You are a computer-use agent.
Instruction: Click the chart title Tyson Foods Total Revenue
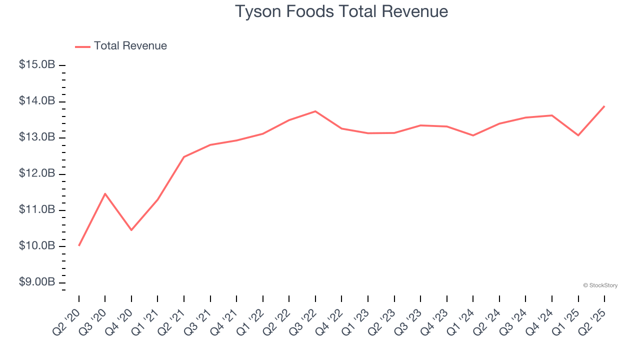tap(341, 11)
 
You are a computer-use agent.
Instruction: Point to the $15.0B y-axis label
tap(37, 65)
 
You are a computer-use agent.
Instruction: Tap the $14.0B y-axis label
tap(37, 101)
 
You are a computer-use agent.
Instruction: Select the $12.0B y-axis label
tap(37, 174)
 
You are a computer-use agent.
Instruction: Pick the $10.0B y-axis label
tap(37, 246)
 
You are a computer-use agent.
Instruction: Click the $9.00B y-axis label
tap(37, 282)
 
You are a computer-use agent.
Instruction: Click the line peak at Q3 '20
tap(105, 193)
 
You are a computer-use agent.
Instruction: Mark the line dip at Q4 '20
tap(131, 230)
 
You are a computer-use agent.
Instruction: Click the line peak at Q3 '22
tap(315, 111)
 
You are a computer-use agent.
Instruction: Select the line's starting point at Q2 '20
tap(79, 245)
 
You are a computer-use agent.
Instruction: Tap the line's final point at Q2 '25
tap(604, 106)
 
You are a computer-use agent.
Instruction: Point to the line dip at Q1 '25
tap(578, 135)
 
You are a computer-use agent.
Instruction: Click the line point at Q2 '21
tap(184, 157)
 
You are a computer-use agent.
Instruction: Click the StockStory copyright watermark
tap(600, 285)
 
